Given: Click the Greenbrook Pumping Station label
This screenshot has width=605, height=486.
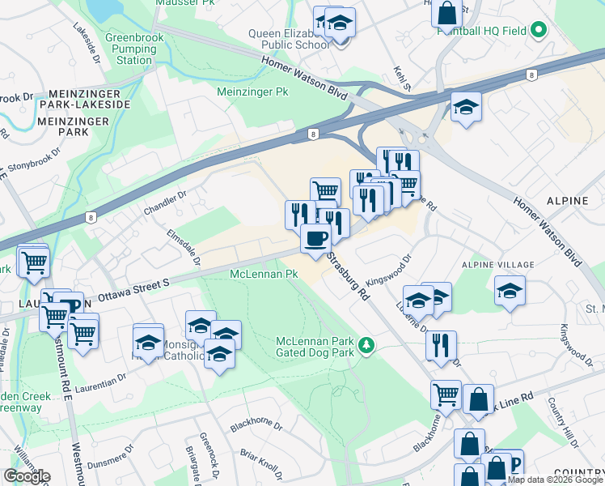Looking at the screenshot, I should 133,49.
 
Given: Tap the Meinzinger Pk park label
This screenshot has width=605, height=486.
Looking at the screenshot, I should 252,92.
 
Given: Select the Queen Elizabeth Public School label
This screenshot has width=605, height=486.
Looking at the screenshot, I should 288,39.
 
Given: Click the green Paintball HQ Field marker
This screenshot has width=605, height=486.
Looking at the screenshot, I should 537,32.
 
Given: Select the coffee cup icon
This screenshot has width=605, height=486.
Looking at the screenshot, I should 315,237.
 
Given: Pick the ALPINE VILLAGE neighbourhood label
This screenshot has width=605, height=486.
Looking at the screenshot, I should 497,265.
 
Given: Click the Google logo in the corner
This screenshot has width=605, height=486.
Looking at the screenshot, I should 26,476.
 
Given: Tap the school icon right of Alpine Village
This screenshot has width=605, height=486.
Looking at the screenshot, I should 510,291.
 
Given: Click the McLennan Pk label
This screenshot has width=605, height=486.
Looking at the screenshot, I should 264,275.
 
